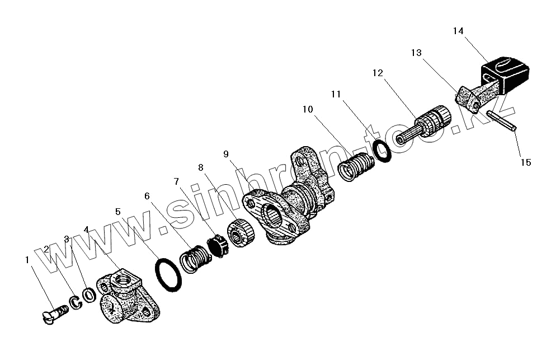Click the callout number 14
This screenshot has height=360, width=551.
pyautogui.click(x=458, y=31)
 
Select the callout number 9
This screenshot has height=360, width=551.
pyautogui.click(x=226, y=153)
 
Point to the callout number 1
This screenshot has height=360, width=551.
pyautogui.click(x=26, y=260)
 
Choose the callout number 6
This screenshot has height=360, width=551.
pyautogui.click(x=147, y=196)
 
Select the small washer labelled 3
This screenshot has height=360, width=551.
pyautogui.click(x=88, y=294)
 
